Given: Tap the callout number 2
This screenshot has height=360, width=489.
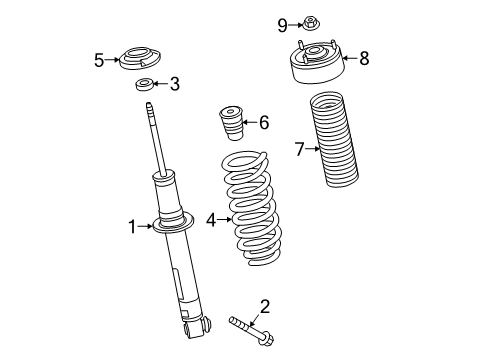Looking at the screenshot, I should (264, 306).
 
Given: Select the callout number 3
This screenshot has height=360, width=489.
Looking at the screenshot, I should (174, 84).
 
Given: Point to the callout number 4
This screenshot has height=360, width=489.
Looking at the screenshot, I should (211, 218).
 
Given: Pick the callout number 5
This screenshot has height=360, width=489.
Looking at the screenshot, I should (99, 60).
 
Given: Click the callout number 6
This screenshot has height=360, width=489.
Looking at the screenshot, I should (263, 123).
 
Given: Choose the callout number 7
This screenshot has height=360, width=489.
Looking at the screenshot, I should (298, 150).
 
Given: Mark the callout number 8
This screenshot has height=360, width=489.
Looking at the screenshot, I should (364, 58).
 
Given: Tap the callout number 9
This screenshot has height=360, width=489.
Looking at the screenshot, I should (282, 24).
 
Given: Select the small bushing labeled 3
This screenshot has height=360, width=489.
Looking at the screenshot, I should (146, 83).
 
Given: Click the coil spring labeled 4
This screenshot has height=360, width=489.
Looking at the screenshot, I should (250, 210).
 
